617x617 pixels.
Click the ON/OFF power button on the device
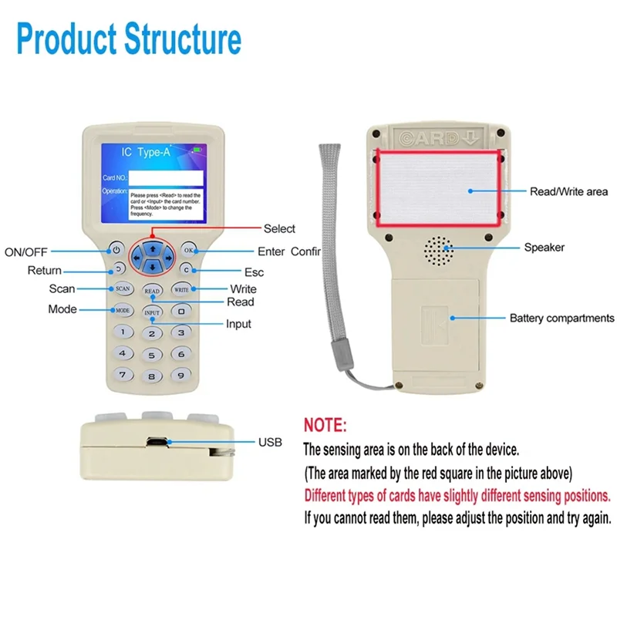click(116, 250)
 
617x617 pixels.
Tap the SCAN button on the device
click(123, 289)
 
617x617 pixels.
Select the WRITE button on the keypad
click(181, 289)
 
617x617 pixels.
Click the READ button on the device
click(153, 292)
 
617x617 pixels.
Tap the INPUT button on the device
click(153, 312)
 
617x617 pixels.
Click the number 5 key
click(153, 356)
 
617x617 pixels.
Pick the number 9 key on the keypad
click(180, 376)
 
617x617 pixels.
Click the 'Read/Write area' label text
click(568, 191)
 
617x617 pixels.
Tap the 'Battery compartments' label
click(561, 318)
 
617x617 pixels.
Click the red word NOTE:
click(325, 425)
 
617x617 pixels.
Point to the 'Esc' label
click(254, 271)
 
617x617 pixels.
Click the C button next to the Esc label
click(186, 270)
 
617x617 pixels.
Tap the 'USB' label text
click(271, 442)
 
